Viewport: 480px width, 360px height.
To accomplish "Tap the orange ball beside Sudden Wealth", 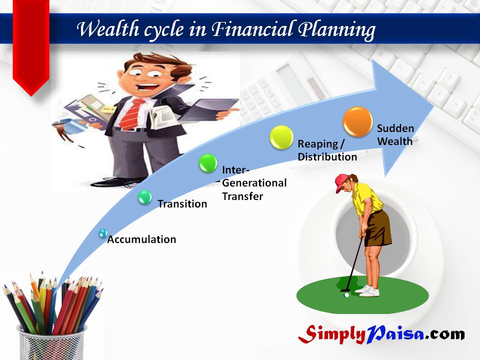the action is point(357,121).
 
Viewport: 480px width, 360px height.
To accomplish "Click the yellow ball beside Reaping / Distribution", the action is point(281,137).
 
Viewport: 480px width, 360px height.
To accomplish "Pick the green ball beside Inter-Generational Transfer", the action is point(208,163).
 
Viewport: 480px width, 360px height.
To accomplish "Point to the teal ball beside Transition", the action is point(144,197).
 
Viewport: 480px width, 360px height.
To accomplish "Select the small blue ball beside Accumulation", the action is point(103,233).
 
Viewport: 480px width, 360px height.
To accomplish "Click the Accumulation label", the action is point(141,239).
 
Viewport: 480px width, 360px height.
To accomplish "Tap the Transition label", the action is point(182,204).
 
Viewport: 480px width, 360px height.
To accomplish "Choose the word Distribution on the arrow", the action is point(327,156).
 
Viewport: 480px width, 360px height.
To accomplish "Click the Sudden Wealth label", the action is point(395,134).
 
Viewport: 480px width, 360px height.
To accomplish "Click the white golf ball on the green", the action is point(346,295).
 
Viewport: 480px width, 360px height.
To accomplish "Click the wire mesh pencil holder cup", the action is point(52,343).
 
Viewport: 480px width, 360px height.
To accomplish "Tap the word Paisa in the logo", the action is point(395,334).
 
